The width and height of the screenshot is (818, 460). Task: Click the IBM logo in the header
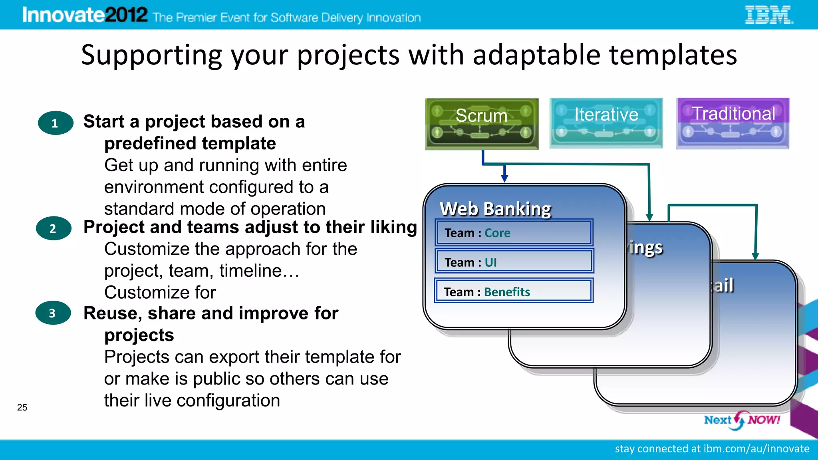point(769,15)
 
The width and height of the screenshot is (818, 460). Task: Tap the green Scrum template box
point(482,124)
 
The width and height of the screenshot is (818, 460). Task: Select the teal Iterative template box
point(606,123)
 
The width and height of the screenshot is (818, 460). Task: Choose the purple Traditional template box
point(733,123)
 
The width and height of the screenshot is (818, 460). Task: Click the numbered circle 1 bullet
point(55,123)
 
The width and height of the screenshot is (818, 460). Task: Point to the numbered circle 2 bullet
point(53,228)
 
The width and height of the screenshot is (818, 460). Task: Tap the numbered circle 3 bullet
point(53,313)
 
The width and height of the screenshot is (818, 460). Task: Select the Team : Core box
point(514,233)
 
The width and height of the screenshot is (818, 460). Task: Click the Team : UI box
point(514,262)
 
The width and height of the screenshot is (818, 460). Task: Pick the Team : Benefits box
point(514,291)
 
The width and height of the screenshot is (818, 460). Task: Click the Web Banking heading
point(495,209)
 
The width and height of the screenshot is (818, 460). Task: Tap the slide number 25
point(22,407)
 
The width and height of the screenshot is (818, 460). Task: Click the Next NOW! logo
point(742,420)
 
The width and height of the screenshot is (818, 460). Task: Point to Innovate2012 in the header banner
point(85,15)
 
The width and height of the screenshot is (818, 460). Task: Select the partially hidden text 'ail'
point(723,286)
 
